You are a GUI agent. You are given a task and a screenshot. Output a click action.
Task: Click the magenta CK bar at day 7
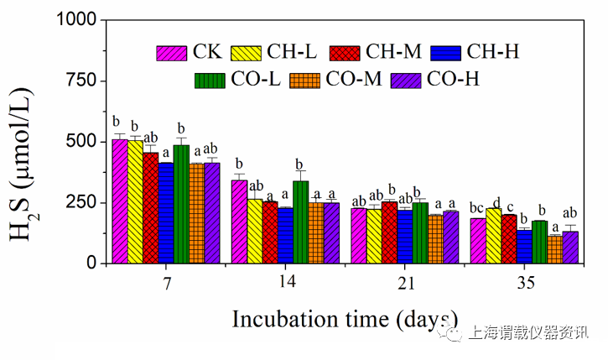click(x=120, y=201)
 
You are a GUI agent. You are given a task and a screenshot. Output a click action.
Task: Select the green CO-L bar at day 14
click(x=301, y=222)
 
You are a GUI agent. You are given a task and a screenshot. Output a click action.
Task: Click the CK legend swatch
click(x=172, y=52)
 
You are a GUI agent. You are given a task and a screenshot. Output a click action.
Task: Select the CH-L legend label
click(x=292, y=52)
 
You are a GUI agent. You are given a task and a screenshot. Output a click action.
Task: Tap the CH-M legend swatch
click(x=346, y=52)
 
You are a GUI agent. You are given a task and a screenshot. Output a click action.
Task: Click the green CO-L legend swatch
click(x=209, y=80)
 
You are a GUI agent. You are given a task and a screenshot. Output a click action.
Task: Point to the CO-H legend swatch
click(x=408, y=80)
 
